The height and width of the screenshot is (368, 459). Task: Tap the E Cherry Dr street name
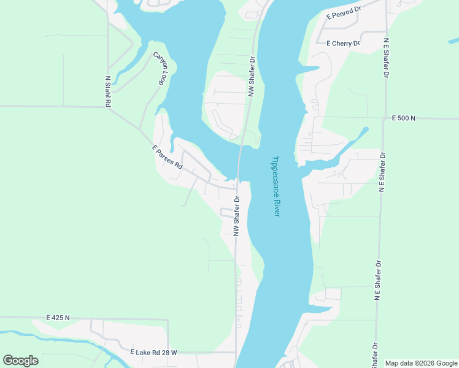click(x=343, y=44)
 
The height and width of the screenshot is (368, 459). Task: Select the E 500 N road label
click(x=404, y=118)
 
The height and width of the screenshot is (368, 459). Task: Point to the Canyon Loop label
click(x=160, y=68)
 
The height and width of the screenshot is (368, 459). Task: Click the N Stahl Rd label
click(x=108, y=91)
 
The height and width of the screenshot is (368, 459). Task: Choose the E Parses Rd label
click(x=167, y=157)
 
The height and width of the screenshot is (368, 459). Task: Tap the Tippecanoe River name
click(x=276, y=186)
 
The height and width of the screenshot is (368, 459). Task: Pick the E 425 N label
click(x=58, y=318)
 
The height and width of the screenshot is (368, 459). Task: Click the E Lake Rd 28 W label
click(x=153, y=353)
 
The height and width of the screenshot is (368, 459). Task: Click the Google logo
click(x=20, y=361)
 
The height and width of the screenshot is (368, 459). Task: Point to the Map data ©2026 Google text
click(x=421, y=363)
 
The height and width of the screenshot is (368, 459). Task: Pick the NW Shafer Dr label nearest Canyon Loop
click(x=251, y=77)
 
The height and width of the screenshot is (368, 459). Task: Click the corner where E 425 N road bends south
click(x=168, y=320)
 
